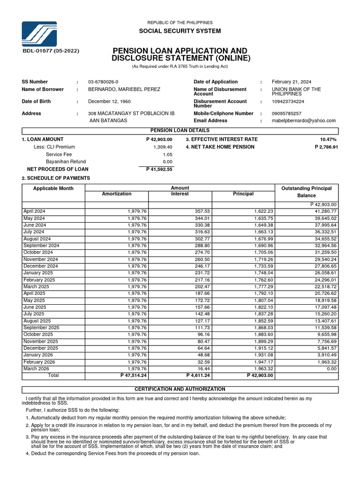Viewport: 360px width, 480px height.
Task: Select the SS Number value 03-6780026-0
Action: click(x=103, y=82)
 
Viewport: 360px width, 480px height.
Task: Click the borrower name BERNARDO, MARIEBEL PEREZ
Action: click(x=124, y=90)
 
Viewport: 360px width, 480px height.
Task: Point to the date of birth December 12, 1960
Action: click(x=109, y=102)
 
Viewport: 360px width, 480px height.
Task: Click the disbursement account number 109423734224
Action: click(x=288, y=102)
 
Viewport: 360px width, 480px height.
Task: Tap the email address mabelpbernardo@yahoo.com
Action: click(x=304, y=120)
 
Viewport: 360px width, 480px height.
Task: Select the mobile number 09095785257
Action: click(x=286, y=114)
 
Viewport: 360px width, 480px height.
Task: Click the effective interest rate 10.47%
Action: click(x=328, y=140)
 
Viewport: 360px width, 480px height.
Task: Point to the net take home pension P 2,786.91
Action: click(x=326, y=147)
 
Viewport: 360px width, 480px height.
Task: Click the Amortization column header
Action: click(x=116, y=194)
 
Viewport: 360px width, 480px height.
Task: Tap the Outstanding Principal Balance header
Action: click(x=306, y=192)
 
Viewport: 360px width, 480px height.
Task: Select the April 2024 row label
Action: click(x=34, y=211)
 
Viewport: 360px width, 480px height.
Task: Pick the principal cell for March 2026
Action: click(x=263, y=369)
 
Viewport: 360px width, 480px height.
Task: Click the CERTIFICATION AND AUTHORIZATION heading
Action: click(x=180, y=390)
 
